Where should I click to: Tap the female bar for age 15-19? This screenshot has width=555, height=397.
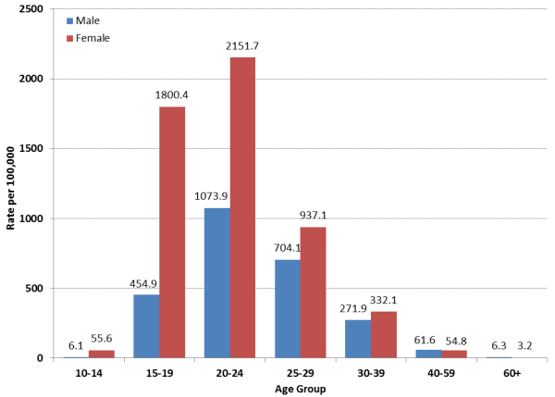point(172,232)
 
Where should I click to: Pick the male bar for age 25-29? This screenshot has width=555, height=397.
point(288,309)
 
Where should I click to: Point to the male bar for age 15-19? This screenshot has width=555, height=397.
point(146,326)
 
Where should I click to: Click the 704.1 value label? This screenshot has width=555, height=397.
point(287,249)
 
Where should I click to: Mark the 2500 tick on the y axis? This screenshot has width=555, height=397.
point(31,8)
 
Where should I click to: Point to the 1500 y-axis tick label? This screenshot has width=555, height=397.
point(31,148)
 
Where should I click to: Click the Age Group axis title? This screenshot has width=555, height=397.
point(301,388)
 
